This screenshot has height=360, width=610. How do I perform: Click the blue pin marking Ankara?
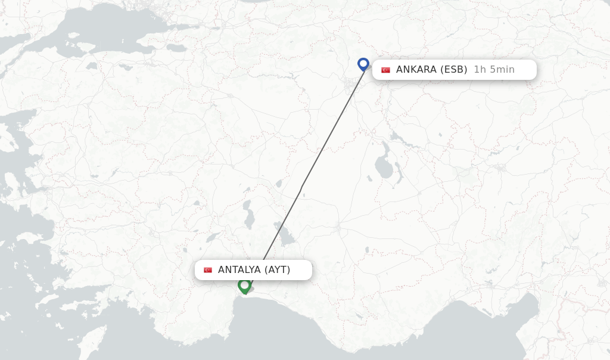point(363,64)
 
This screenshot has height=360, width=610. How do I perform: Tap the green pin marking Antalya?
point(244,285)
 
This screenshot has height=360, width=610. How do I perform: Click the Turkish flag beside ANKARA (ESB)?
point(385,70)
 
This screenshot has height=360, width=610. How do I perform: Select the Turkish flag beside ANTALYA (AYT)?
point(208,270)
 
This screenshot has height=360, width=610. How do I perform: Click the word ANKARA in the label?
point(416,70)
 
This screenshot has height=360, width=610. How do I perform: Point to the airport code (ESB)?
point(453,70)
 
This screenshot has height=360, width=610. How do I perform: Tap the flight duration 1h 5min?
point(494,70)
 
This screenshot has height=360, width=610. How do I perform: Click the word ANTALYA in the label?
point(239,270)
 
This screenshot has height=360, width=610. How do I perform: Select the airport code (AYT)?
point(278,270)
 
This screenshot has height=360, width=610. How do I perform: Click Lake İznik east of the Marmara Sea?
point(177,48)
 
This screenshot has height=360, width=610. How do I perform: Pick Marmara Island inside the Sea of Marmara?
point(72,36)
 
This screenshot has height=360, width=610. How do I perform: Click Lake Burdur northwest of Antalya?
point(211,238)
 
